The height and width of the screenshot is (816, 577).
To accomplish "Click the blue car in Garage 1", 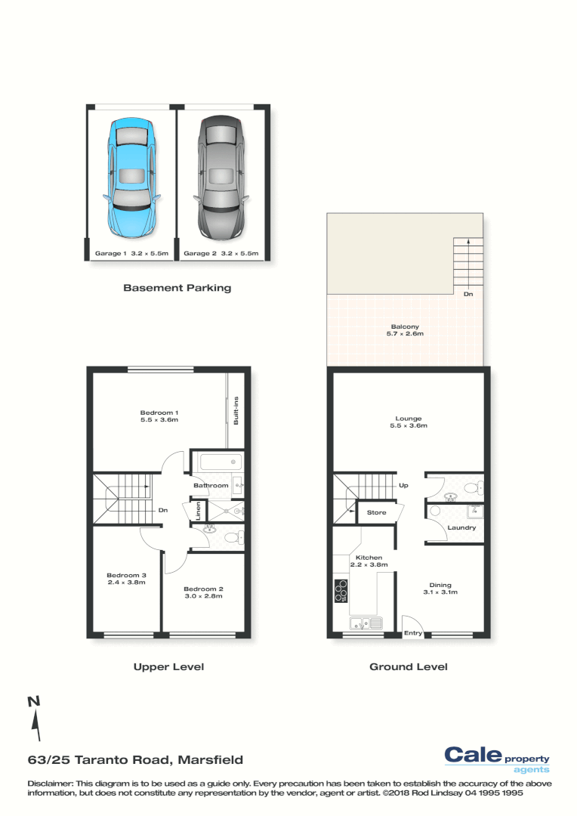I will [131, 176].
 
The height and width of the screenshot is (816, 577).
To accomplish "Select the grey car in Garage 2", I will [221, 176].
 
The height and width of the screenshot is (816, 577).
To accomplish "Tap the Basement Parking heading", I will [177, 288].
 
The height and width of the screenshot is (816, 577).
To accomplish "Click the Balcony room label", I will [405, 329].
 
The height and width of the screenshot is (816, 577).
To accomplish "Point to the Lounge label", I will [408, 422].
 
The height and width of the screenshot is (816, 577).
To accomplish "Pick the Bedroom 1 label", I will [159, 416].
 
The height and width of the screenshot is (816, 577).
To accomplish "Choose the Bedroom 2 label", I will [203, 592].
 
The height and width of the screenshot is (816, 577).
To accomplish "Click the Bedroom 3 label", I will [125, 579].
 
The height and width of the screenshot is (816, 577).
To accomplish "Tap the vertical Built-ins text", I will [236, 410].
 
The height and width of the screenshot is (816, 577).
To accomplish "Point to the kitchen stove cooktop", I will [341, 590].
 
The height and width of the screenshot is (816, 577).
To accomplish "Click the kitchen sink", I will [366, 623].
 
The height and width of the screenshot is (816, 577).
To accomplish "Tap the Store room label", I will [376, 512].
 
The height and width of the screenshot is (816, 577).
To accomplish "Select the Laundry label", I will [461, 527].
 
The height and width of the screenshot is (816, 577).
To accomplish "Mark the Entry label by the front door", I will [412, 633].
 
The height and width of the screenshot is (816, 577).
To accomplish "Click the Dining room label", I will [440, 588].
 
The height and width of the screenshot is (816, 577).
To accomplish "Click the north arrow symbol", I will [35, 719].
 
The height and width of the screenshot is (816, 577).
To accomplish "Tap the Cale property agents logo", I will [496, 759].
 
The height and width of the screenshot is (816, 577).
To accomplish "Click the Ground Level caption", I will [408, 667].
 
